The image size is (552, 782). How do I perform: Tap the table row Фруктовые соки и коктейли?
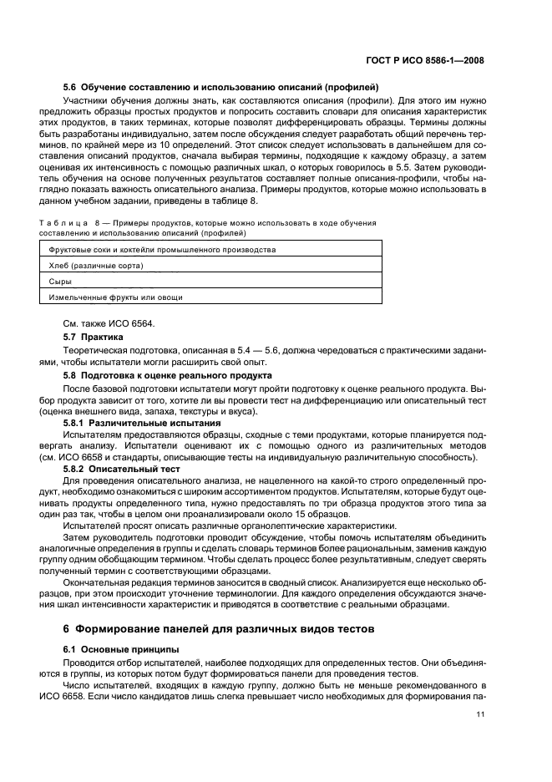point(162,249)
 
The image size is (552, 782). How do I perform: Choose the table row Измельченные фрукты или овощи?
point(115,297)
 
